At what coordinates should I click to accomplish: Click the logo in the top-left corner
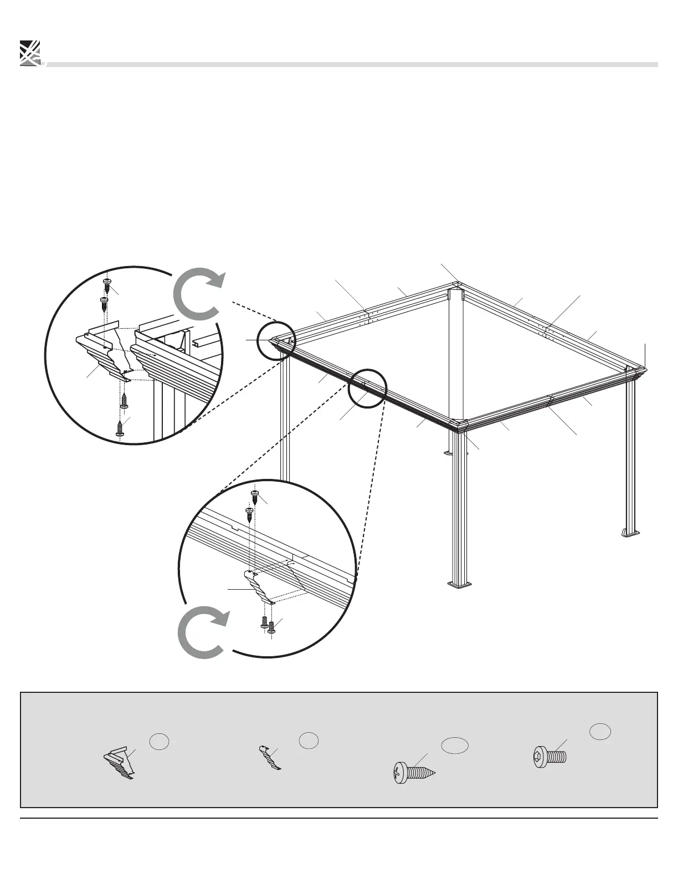(30, 53)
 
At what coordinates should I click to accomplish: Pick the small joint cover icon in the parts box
(270, 758)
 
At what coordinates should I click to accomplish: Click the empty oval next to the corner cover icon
(157, 742)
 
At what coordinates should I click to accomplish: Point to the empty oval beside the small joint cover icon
(308, 739)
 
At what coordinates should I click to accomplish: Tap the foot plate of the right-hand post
(630, 533)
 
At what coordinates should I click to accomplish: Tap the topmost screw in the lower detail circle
(255, 493)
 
